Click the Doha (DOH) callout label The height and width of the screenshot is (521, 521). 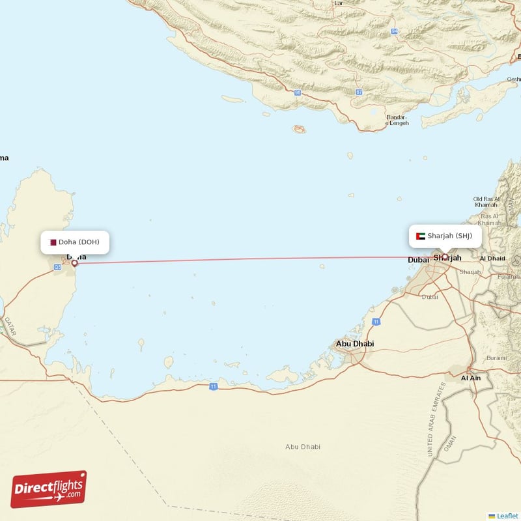point(74,242)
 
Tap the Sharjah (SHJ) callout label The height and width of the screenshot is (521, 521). point(445,236)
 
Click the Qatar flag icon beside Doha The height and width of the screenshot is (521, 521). point(53,242)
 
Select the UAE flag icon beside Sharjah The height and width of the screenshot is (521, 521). point(421,236)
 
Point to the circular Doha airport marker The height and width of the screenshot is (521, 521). point(74,263)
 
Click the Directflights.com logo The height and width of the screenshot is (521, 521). point(49,489)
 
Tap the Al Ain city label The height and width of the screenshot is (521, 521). point(470,378)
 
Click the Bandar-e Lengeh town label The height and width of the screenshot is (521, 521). point(397,120)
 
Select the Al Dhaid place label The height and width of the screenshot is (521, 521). point(492,259)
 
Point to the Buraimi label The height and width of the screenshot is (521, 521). point(496,358)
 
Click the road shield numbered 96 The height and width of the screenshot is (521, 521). point(297,92)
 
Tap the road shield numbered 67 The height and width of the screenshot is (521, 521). point(359,92)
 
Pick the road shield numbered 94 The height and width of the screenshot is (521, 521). point(395,31)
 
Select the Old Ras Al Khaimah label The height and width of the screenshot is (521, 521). point(486,202)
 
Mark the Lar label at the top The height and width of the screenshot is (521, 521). point(338,3)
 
